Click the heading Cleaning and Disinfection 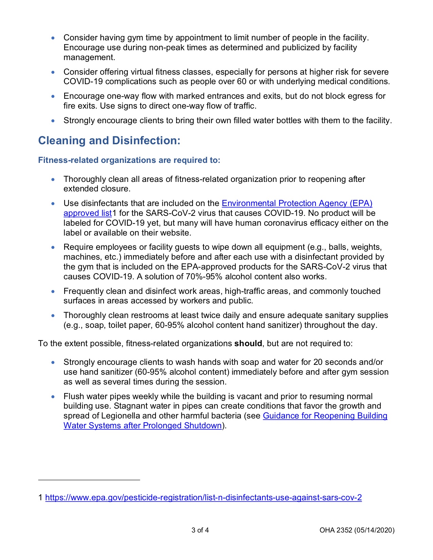click(x=109, y=141)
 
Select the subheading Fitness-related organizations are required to click(x=129, y=160)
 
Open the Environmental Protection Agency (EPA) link click(x=297, y=203)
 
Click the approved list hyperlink click(x=88, y=213)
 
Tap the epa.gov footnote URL click(x=203, y=498)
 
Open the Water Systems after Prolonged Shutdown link click(x=143, y=426)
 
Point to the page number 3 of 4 click(x=200, y=530)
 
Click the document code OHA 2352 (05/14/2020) click(x=357, y=530)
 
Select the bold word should click(x=248, y=343)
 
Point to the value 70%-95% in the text click(x=204, y=277)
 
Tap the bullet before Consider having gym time click(x=53, y=38)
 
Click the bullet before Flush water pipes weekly click(x=53, y=396)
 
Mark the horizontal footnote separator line click(x=89, y=480)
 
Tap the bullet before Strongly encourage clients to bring click(x=53, y=120)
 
